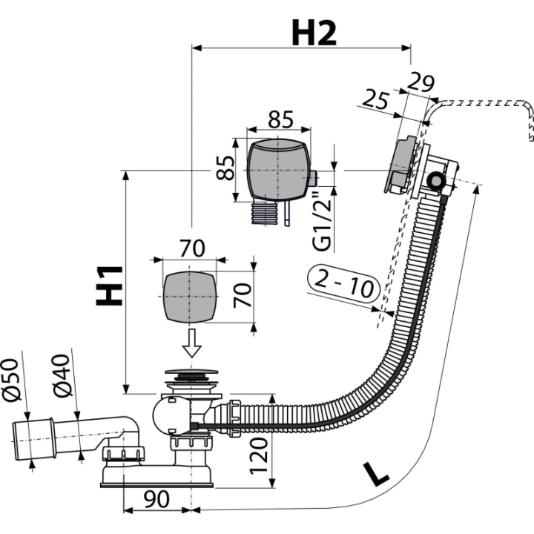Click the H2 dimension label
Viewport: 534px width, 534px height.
pos(314,33)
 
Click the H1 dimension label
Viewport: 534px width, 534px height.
pos(109,286)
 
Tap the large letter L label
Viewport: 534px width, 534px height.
pos(375,473)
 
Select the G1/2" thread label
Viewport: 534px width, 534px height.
pos(322,220)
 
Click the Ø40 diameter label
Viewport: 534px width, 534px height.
pos(62,375)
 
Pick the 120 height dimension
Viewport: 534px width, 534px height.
pos(259,456)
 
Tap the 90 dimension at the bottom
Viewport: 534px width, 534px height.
pos(156,499)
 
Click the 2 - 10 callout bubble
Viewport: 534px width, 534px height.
pos(343,283)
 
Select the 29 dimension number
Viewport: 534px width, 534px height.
pos(421,82)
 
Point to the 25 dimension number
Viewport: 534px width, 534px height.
pos(375,99)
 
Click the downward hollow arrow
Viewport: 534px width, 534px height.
pos(192,343)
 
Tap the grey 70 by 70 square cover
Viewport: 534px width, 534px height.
pos(190,296)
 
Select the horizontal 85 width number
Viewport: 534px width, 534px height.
pos(280,119)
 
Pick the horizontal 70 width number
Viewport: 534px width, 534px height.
pos(192,248)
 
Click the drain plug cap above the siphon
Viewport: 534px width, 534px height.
pos(191,372)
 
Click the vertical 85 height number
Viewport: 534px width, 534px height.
pos(225,168)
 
